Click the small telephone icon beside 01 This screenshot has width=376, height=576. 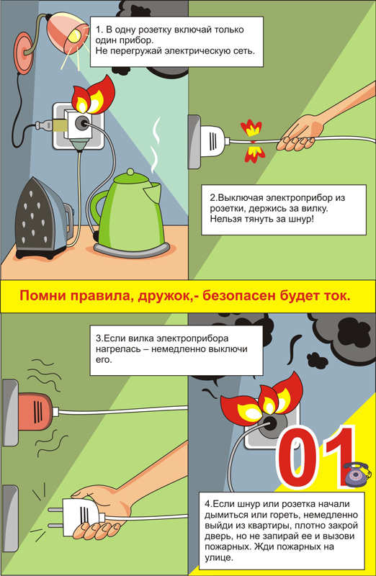pyautogui.click(x=356, y=474)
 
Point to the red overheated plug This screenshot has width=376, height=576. pyautogui.click(x=35, y=411)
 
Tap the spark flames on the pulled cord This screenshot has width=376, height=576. pyautogui.click(x=253, y=141)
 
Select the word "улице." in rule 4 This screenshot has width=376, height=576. pyautogui.click(x=219, y=558)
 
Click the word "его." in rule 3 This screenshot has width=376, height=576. pyautogui.click(x=103, y=360)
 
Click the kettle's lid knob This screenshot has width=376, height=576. pyautogui.click(x=130, y=172)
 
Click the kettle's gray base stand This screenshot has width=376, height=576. pyautogui.click(x=132, y=250)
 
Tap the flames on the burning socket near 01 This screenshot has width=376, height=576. pyautogui.click(x=261, y=398)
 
